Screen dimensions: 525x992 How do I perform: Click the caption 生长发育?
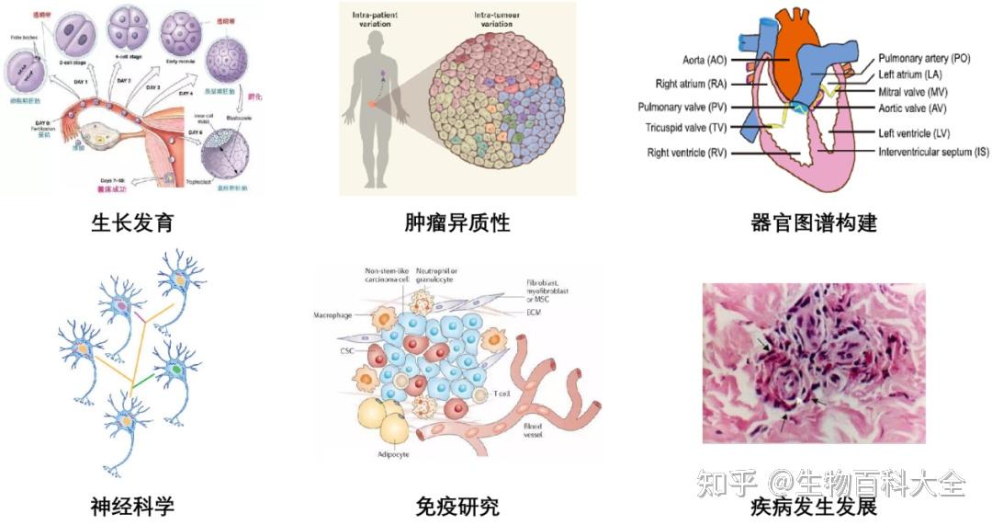pos(132,223)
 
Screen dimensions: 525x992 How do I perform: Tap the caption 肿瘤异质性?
pos(457,223)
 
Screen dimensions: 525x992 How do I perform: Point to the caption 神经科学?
pos(132,505)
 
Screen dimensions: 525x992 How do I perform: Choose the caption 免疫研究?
pos(457,505)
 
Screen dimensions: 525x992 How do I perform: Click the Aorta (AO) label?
pos(705,61)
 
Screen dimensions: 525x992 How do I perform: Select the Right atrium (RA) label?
pos(693,84)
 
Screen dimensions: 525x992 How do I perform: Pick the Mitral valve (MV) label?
pos(913,92)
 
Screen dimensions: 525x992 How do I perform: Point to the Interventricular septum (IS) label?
pos(933,151)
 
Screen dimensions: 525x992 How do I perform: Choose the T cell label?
pos(501,394)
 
